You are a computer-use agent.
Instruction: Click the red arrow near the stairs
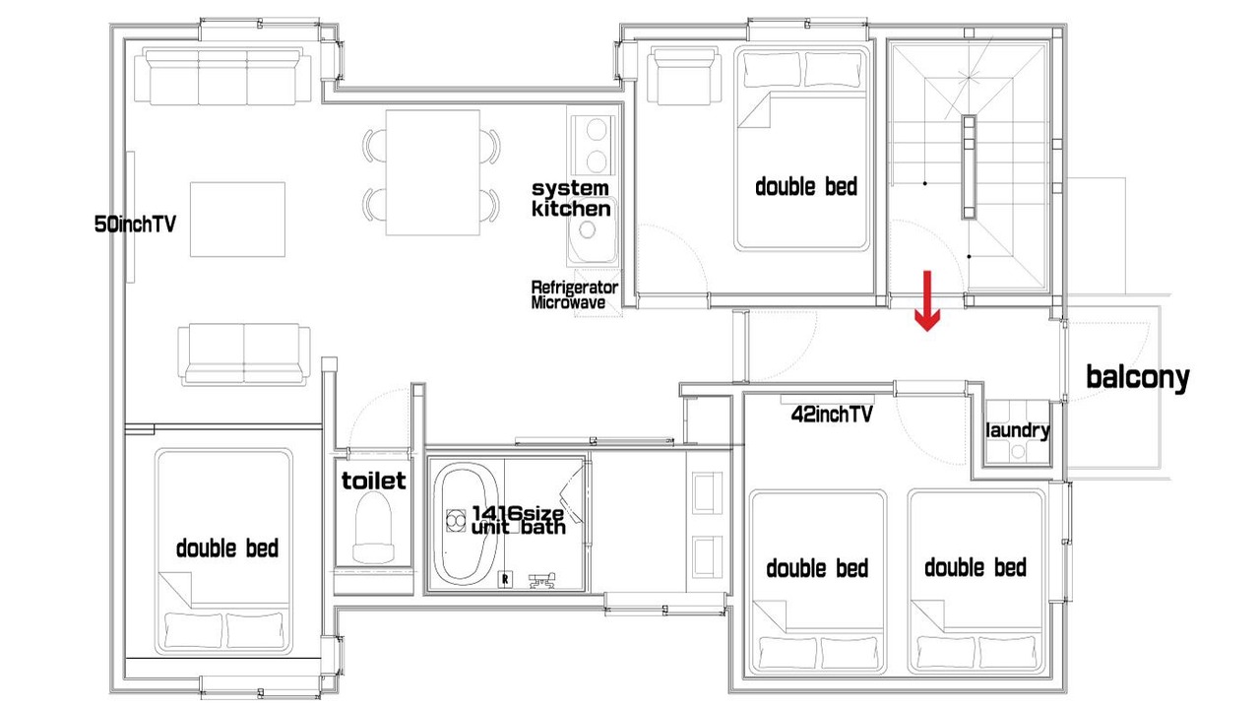(926, 300)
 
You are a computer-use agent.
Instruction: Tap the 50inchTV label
(135, 224)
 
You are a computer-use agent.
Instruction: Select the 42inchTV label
(832, 415)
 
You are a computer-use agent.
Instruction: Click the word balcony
(1137, 377)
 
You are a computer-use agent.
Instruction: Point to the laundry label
(1018, 430)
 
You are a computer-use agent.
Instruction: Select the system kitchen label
(571, 199)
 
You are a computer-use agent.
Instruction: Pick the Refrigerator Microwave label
(574, 294)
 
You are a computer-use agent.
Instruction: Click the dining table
(432, 172)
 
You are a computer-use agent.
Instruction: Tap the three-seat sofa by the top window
(222, 76)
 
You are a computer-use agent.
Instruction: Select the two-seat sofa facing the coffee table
(244, 354)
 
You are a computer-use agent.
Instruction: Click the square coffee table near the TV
(237, 220)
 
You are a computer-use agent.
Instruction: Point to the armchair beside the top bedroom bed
(684, 76)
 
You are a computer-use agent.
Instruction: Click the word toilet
(373, 481)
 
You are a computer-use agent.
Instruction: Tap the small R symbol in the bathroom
(505, 579)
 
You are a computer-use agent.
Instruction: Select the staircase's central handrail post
(969, 167)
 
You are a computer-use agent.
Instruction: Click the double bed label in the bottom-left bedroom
(227, 548)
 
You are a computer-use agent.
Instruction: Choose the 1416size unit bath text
(518, 520)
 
